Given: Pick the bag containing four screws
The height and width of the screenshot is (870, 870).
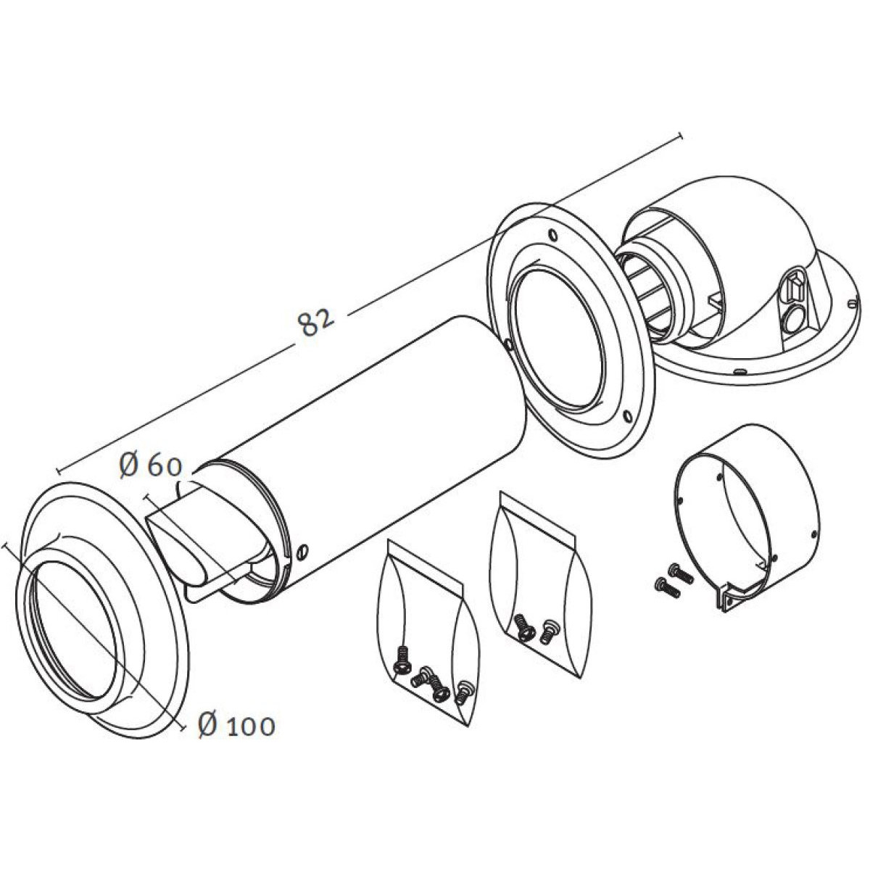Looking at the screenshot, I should tap(420, 638).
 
